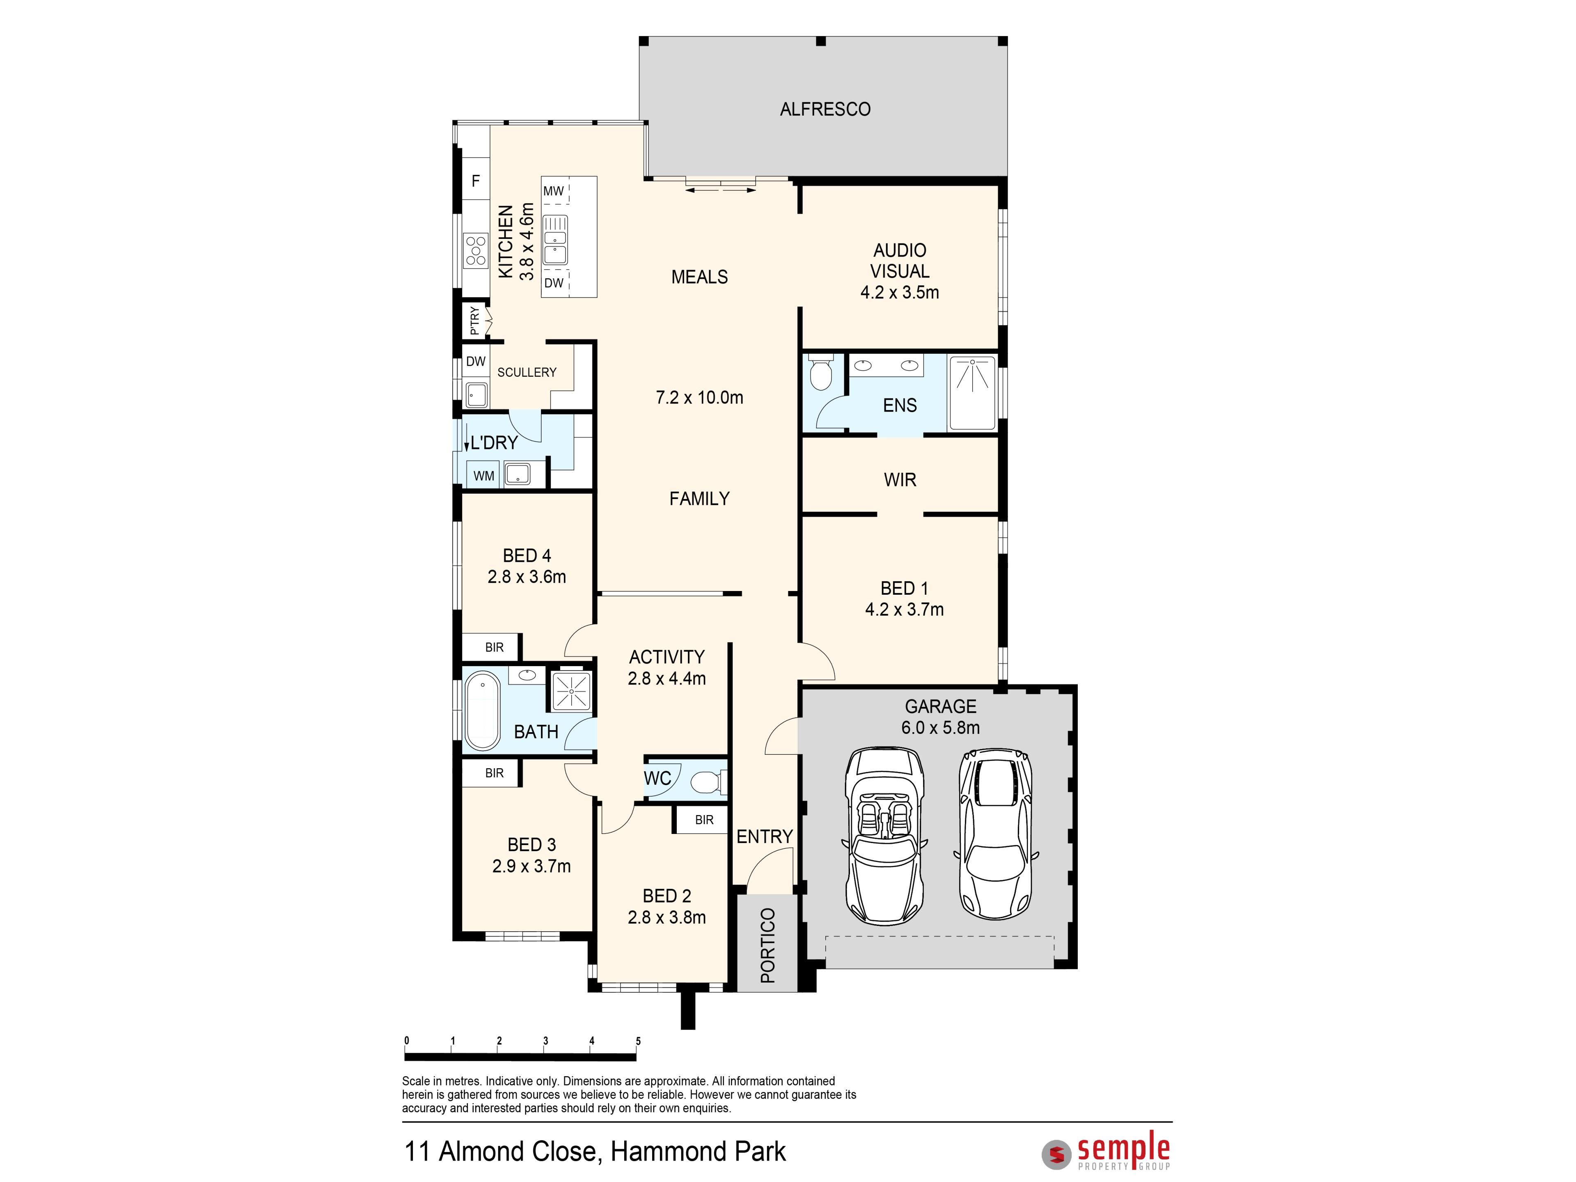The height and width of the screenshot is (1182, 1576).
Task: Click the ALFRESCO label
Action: coord(825,109)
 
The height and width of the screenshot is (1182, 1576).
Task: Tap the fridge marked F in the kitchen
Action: coord(476,182)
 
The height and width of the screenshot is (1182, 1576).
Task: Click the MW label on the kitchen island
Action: coord(554,191)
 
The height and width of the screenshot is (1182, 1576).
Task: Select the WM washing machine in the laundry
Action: coord(484,476)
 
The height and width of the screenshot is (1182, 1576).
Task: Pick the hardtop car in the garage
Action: coord(995,834)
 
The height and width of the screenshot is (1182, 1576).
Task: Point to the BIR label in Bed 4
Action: coord(495,648)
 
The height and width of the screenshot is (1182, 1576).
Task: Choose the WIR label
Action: coord(900,480)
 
